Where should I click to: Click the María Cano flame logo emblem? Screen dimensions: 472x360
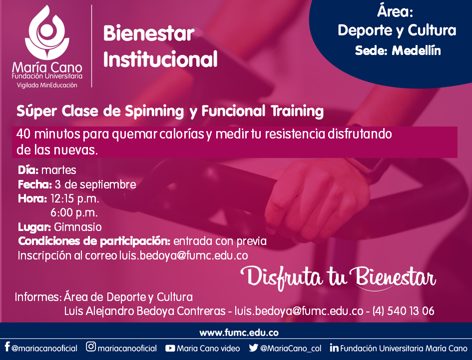coord(47,32)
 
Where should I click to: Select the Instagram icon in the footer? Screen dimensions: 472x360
coord(90,346)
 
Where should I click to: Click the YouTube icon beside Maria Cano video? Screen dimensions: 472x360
coord(170,348)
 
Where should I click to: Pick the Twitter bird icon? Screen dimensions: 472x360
coord(253,347)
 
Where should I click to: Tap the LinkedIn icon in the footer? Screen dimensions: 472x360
coord(334,347)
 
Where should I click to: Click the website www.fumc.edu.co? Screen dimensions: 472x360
coord(239,333)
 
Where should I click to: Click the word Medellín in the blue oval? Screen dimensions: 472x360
coord(417,50)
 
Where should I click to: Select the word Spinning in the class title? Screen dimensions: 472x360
coord(154,111)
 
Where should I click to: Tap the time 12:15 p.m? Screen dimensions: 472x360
coord(74,199)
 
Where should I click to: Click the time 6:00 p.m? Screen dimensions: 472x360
coord(74,212)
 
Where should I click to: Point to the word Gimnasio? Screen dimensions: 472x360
coord(77,227)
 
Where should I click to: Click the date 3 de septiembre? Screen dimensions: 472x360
coord(95,184)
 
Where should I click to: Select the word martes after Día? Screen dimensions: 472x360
coord(59,170)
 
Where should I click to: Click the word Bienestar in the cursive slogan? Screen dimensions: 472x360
coord(395,277)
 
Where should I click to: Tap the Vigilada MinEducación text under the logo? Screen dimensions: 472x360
coord(47,85)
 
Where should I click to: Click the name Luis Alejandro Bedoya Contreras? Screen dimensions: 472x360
coord(145,310)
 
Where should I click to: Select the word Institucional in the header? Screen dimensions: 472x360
coord(160,58)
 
